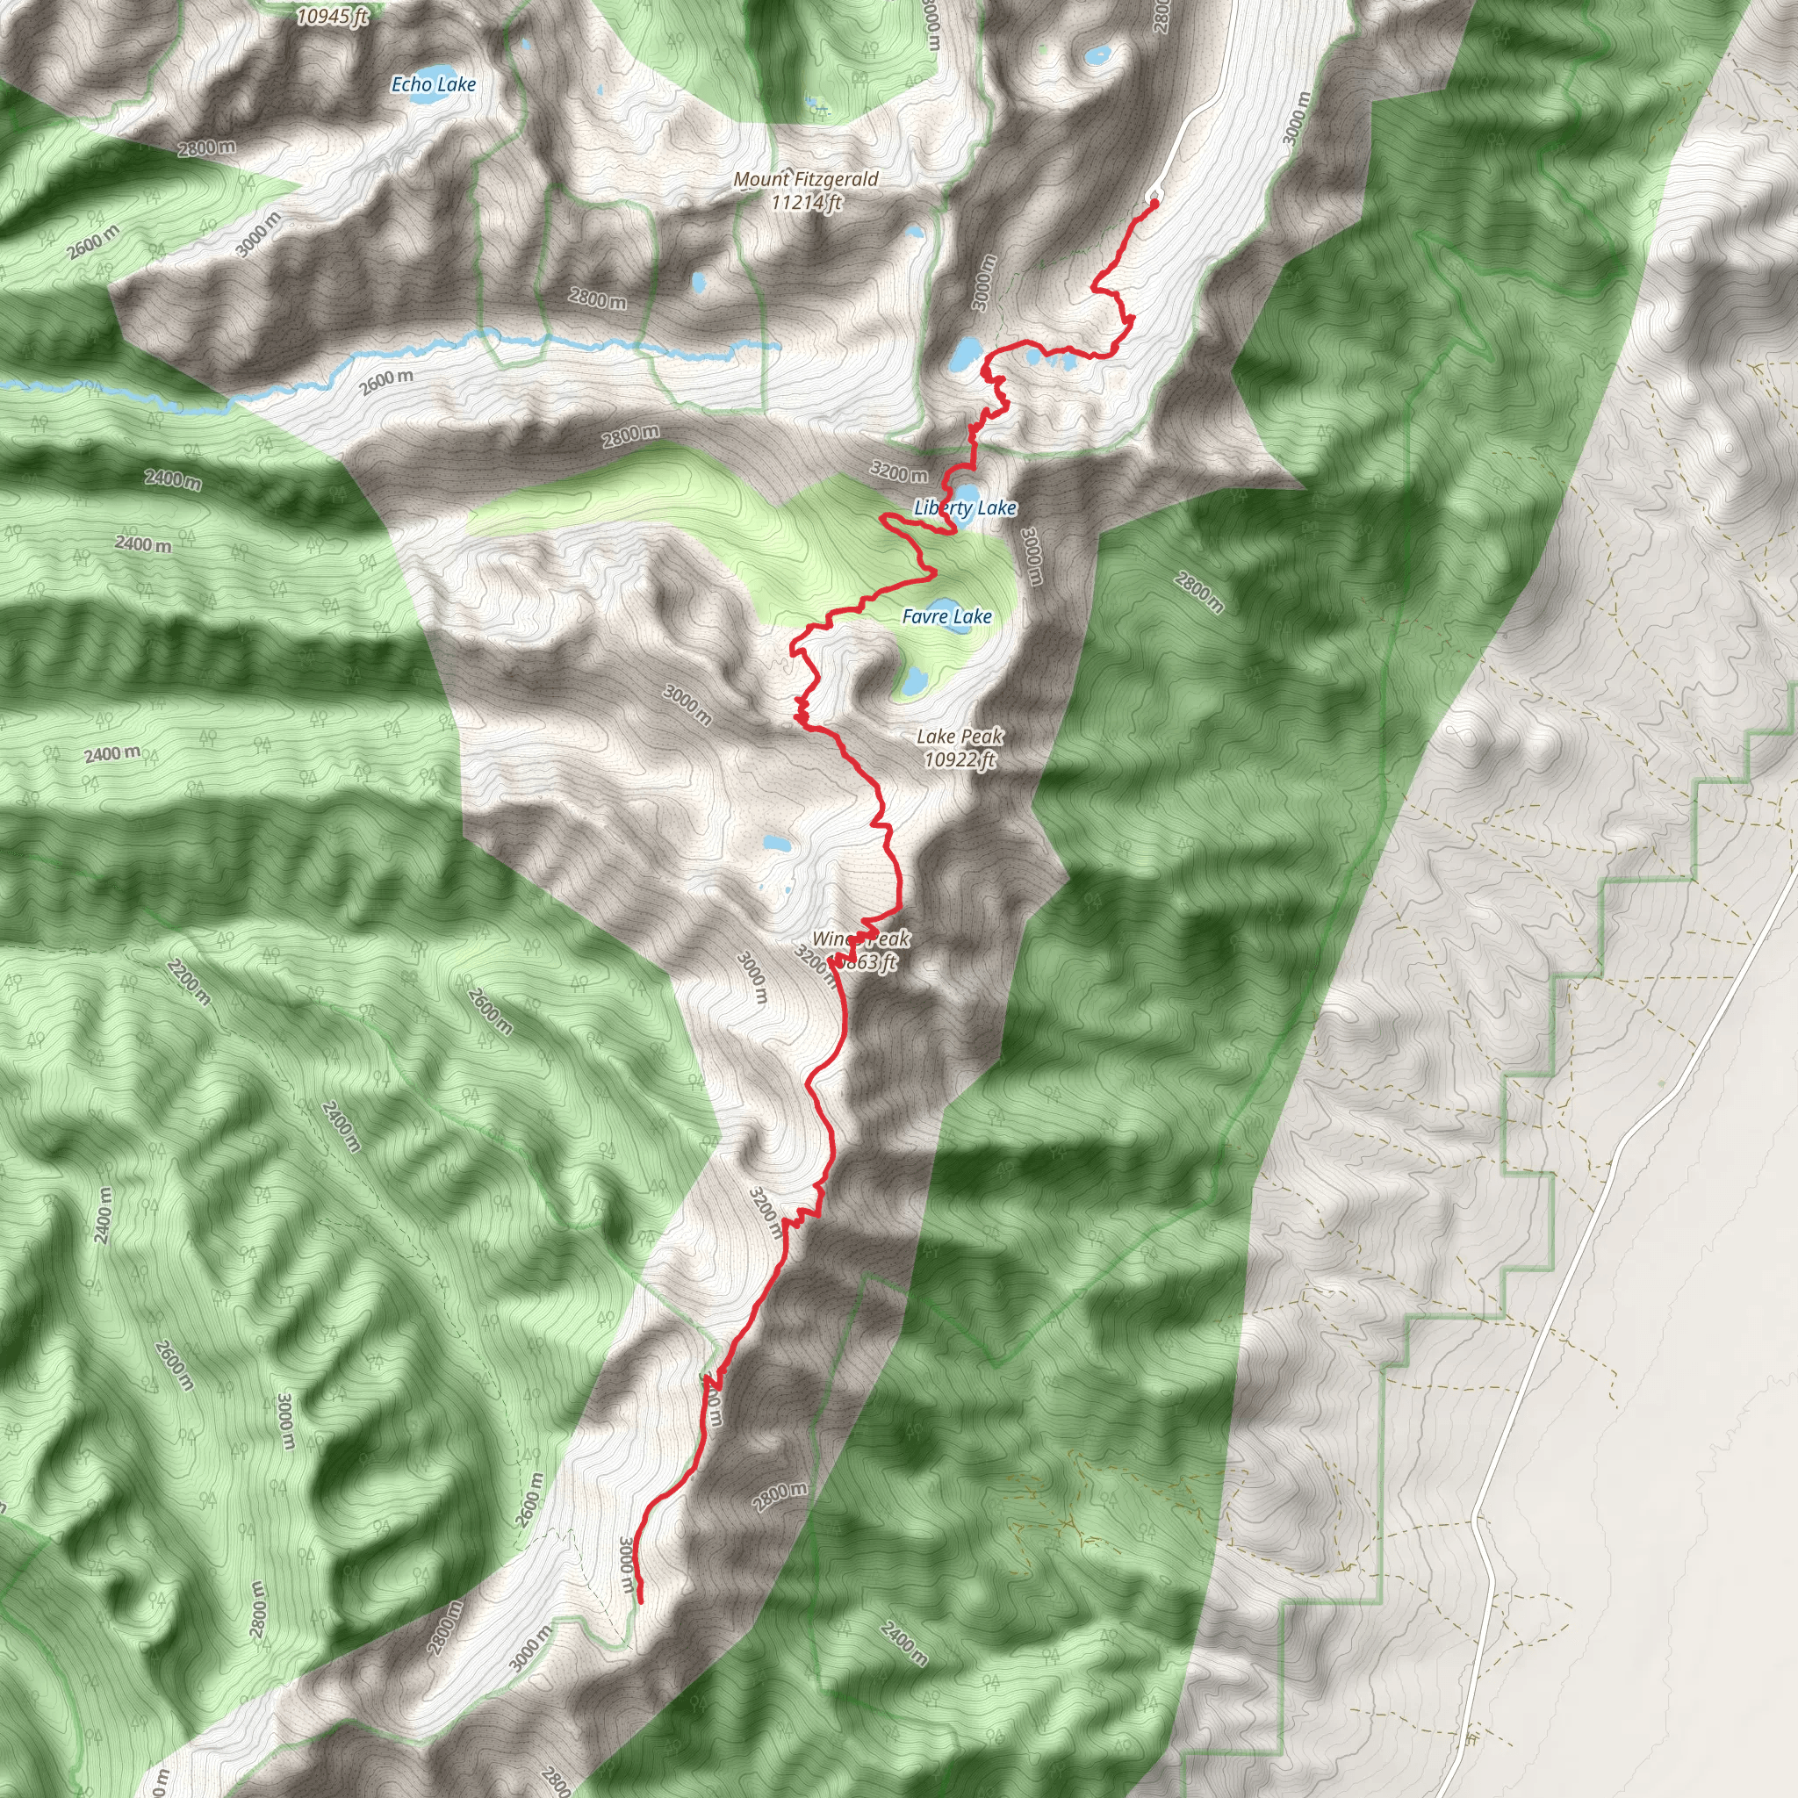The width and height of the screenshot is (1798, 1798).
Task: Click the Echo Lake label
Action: point(433,84)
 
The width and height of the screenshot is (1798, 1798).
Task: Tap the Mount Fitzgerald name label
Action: point(806,179)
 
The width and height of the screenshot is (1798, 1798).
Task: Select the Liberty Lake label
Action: point(965,508)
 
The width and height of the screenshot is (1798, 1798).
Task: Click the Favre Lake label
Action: point(946,616)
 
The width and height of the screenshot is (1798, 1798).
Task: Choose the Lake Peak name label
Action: point(960,736)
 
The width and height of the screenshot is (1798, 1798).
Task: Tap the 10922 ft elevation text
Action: point(960,759)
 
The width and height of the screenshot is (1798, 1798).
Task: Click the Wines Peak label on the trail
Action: point(861,939)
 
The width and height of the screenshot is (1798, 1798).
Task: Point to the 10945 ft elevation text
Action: point(332,16)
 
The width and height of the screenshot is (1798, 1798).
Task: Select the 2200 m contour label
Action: point(190,981)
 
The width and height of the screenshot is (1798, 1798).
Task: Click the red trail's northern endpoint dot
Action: point(1154,202)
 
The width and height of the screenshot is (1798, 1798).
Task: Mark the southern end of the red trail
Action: point(640,1600)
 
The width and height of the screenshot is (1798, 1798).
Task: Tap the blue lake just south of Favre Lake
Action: point(913,680)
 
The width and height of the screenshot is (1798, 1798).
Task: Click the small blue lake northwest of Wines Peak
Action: point(774,844)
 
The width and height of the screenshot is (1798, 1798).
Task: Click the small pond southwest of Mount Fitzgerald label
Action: point(698,280)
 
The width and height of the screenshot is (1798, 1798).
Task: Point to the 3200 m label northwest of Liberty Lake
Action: point(898,473)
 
